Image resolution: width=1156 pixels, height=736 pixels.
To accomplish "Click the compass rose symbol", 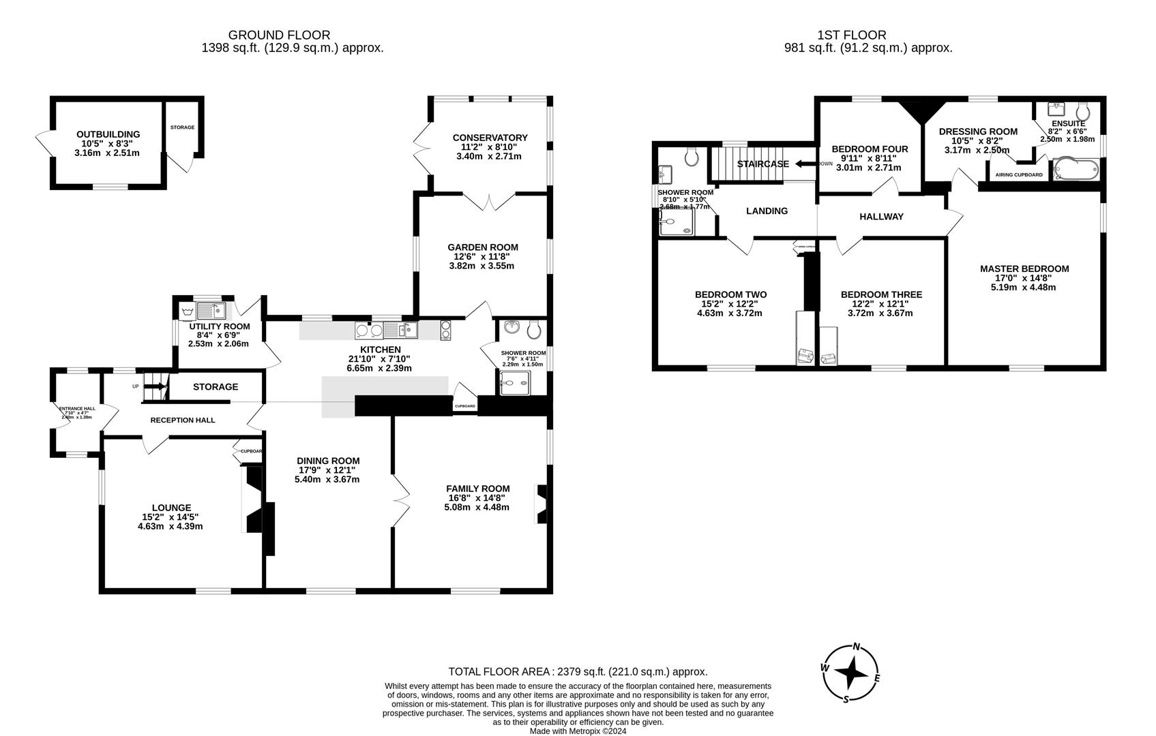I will coord(850,673).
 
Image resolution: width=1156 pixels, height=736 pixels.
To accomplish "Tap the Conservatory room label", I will coord(490,138).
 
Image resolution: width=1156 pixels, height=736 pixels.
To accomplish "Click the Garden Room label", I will coord(482,247).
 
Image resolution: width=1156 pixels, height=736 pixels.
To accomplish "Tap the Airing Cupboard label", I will coord(1019,175).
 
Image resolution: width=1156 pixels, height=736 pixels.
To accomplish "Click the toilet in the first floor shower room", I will coord(692,157).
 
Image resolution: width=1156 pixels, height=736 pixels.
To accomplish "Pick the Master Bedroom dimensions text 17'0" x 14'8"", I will coord(1024,278).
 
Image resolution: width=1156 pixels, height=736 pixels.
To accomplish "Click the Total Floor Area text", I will coord(578,672).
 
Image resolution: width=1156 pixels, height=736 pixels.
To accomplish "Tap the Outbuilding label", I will coord(108,134).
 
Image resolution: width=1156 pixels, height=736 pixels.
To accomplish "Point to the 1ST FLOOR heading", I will coord(851,35).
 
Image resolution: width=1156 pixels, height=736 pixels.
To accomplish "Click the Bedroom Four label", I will coord(870,149).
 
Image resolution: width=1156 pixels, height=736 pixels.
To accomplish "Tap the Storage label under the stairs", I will coord(216,386).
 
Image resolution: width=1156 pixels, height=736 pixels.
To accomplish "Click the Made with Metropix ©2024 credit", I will coord(578,731).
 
